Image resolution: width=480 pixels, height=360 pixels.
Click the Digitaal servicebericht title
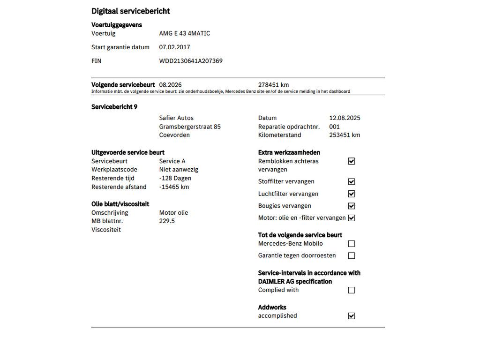[x=130, y=11]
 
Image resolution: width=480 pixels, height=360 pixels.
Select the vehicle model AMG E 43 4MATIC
[x=185, y=33]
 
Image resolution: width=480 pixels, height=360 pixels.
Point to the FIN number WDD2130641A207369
[x=191, y=61]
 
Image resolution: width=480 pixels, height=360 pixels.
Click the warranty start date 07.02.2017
[x=174, y=47]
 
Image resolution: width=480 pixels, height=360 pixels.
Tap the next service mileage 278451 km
[x=273, y=85]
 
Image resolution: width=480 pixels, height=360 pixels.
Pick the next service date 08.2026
[x=170, y=85]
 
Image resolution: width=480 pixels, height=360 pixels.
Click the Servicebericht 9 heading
[x=114, y=107]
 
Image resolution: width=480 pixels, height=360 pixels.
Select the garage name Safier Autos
[x=176, y=118]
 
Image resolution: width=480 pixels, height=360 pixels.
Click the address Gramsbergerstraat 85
[x=190, y=127]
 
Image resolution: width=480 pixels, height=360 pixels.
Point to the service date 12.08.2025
[x=345, y=118]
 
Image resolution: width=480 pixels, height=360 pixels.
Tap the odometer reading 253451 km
[x=345, y=135]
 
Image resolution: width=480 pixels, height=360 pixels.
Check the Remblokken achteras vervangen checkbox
[x=352, y=161]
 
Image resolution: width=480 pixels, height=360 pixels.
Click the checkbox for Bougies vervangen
[x=352, y=206]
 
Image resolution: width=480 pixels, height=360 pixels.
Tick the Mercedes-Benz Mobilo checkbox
[x=352, y=244]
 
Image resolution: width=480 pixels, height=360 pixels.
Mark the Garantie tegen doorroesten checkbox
[x=352, y=256]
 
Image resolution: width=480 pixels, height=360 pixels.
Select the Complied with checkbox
[x=352, y=290]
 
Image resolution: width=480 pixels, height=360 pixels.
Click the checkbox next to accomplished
[x=352, y=316]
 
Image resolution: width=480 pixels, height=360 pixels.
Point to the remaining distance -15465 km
[x=174, y=187]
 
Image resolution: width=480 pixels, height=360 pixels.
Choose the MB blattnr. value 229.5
[x=167, y=221]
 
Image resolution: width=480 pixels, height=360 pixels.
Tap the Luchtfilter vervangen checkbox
[x=352, y=194]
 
